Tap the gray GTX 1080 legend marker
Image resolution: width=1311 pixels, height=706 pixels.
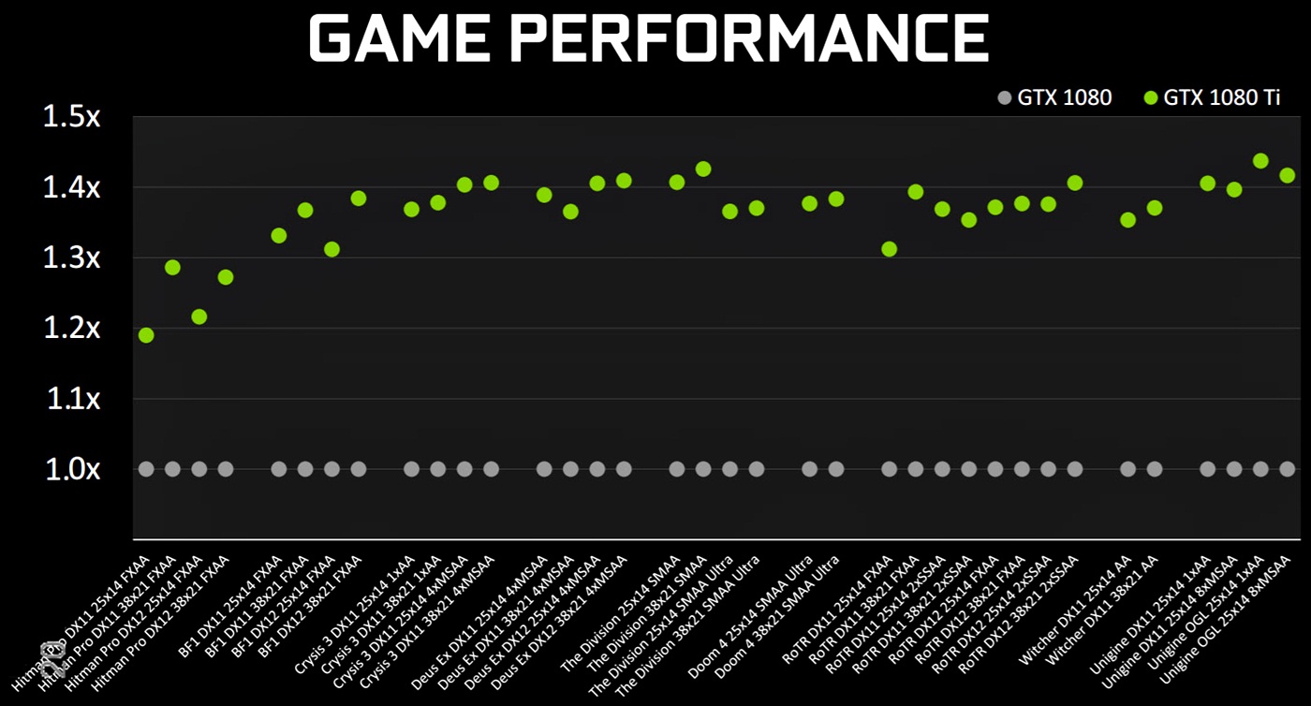pos(1006,97)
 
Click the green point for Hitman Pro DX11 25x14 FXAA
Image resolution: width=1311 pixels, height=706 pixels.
pos(146,335)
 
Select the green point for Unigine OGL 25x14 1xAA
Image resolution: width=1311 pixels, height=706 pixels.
pos(1260,161)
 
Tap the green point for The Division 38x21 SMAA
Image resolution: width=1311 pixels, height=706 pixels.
pos(703,169)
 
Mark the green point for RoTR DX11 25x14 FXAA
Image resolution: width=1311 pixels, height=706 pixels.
pos(890,249)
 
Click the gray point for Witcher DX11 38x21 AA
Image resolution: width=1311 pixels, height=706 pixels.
pos(1155,469)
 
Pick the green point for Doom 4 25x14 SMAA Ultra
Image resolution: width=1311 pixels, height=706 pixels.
pos(810,203)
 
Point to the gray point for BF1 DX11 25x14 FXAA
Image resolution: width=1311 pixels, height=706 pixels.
pos(279,469)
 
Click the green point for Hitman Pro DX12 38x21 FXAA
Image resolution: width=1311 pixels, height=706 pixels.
pos(226,277)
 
